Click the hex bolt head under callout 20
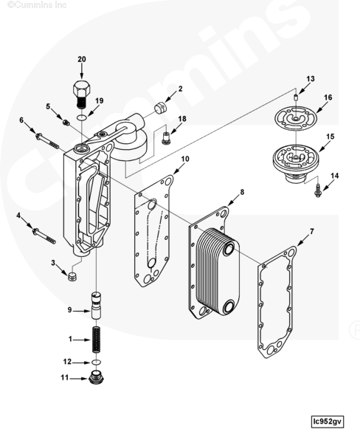point(82,89)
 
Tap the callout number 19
point(99,100)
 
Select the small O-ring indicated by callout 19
point(82,117)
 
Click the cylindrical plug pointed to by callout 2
point(161,108)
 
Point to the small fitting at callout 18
point(166,138)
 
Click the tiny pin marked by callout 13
point(296,97)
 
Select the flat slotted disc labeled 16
point(295,119)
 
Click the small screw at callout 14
point(318,190)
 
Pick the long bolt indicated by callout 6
point(47,141)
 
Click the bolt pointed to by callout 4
point(44,236)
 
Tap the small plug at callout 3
point(72,277)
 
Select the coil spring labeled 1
point(97,340)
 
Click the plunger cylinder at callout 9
point(96,306)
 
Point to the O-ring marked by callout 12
point(97,363)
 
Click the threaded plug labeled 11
point(96,377)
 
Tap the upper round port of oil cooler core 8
point(228,250)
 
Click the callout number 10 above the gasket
point(185,159)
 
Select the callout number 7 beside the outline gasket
point(311,232)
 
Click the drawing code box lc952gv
point(328,422)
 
